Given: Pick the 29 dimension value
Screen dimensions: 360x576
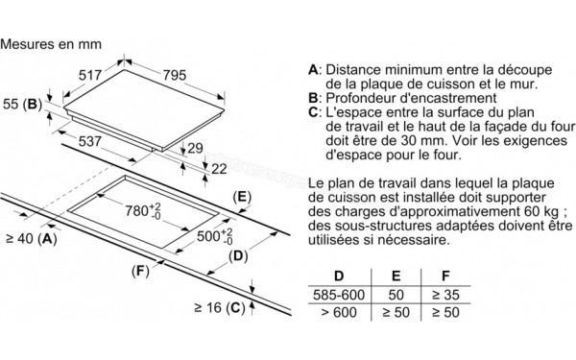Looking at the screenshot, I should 195,148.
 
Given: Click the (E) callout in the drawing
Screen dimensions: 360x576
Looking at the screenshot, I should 243,198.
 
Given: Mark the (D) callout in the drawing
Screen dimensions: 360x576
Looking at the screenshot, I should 239,254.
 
